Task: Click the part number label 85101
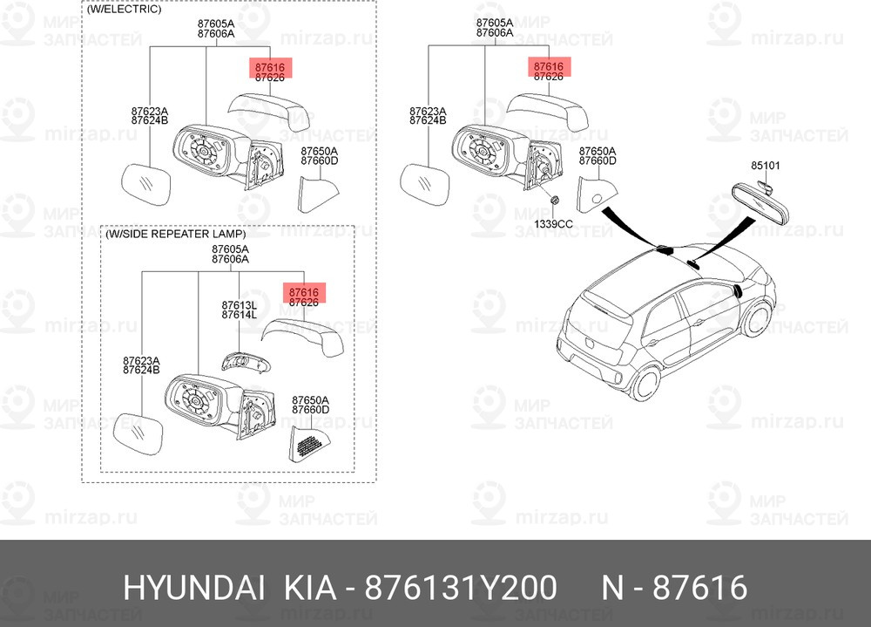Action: point(766,165)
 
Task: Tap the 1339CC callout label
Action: point(553,223)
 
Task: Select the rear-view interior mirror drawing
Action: point(760,204)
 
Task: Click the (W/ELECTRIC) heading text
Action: point(124,10)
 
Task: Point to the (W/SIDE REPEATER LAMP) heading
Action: point(176,235)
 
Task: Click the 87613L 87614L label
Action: point(239,310)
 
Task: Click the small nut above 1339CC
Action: point(554,201)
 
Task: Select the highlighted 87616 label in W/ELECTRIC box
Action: point(270,67)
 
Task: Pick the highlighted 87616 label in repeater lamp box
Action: point(304,292)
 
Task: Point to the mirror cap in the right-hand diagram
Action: point(548,112)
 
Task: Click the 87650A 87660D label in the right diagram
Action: point(598,156)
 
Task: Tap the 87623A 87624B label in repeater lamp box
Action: point(141,365)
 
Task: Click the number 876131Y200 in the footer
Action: point(461,588)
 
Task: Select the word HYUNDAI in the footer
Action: point(194,588)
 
